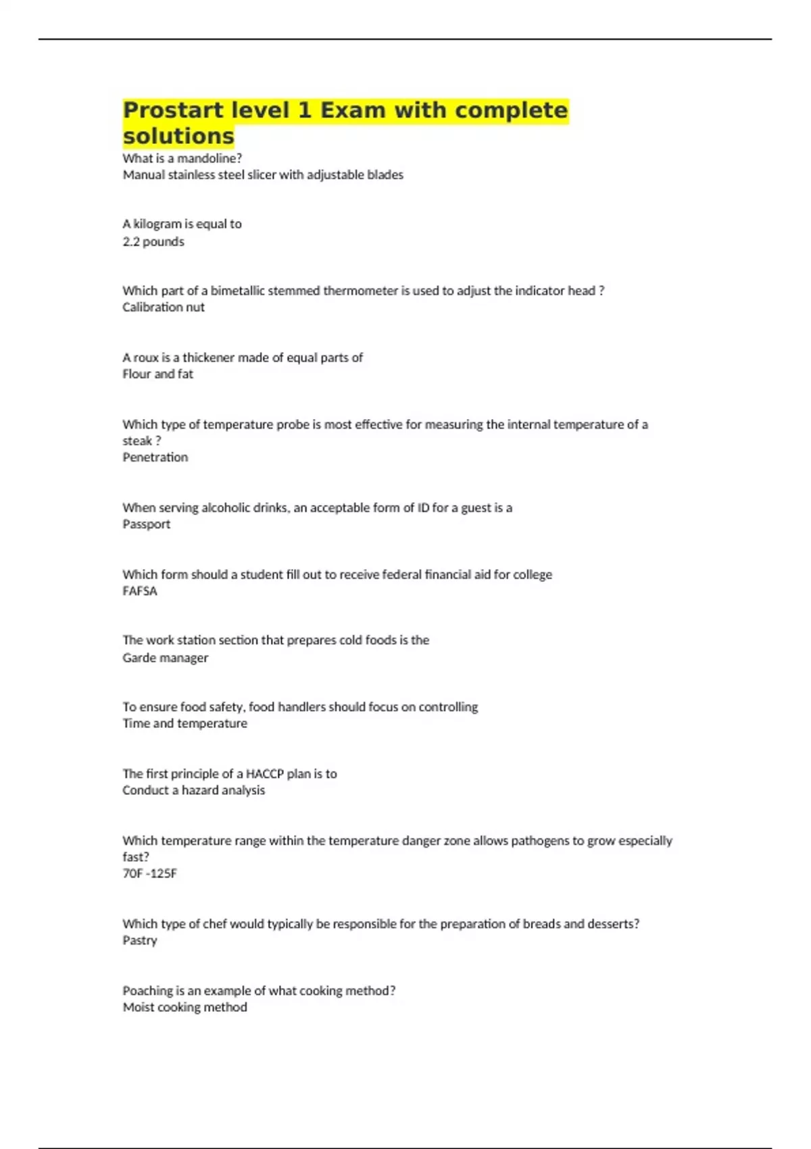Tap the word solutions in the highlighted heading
click(178, 136)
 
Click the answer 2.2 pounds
click(153, 241)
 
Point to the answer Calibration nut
click(164, 307)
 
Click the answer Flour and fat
click(158, 374)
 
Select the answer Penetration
click(155, 457)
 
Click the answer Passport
click(147, 524)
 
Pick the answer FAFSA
click(140, 591)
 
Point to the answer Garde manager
click(166, 658)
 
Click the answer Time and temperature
click(185, 723)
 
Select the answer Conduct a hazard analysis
click(194, 790)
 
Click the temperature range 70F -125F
click(150, 873)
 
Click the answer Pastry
click(140, 940)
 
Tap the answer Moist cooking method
click(185, 1007)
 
